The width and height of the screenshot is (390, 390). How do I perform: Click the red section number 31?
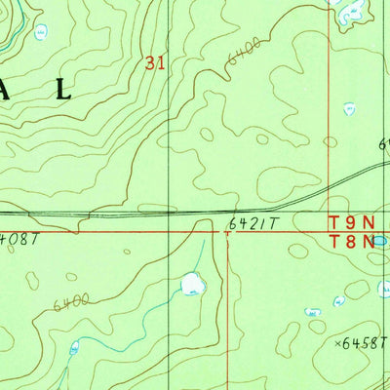[154, 62]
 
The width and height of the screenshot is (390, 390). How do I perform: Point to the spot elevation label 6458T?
[366, 343]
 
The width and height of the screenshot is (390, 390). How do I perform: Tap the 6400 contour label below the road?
[73, 299]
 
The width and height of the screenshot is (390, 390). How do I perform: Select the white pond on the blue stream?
[192, 285]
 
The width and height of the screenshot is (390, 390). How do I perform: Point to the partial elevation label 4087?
[17, 237]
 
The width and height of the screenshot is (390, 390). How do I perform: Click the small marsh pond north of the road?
[348, 108]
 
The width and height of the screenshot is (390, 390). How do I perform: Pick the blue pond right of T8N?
[380, 240]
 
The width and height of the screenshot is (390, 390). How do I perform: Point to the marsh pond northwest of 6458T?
[313, 312]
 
